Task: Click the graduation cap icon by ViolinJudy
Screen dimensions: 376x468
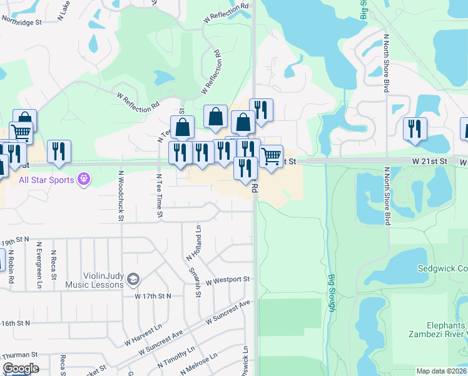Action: click(133, 279)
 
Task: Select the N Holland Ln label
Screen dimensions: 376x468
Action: click(193, 243)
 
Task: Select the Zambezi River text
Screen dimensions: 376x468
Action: click(437, 335)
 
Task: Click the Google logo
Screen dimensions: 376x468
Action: click(20, 368)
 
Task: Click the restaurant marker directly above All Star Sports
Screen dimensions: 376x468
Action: click(59, 152)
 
